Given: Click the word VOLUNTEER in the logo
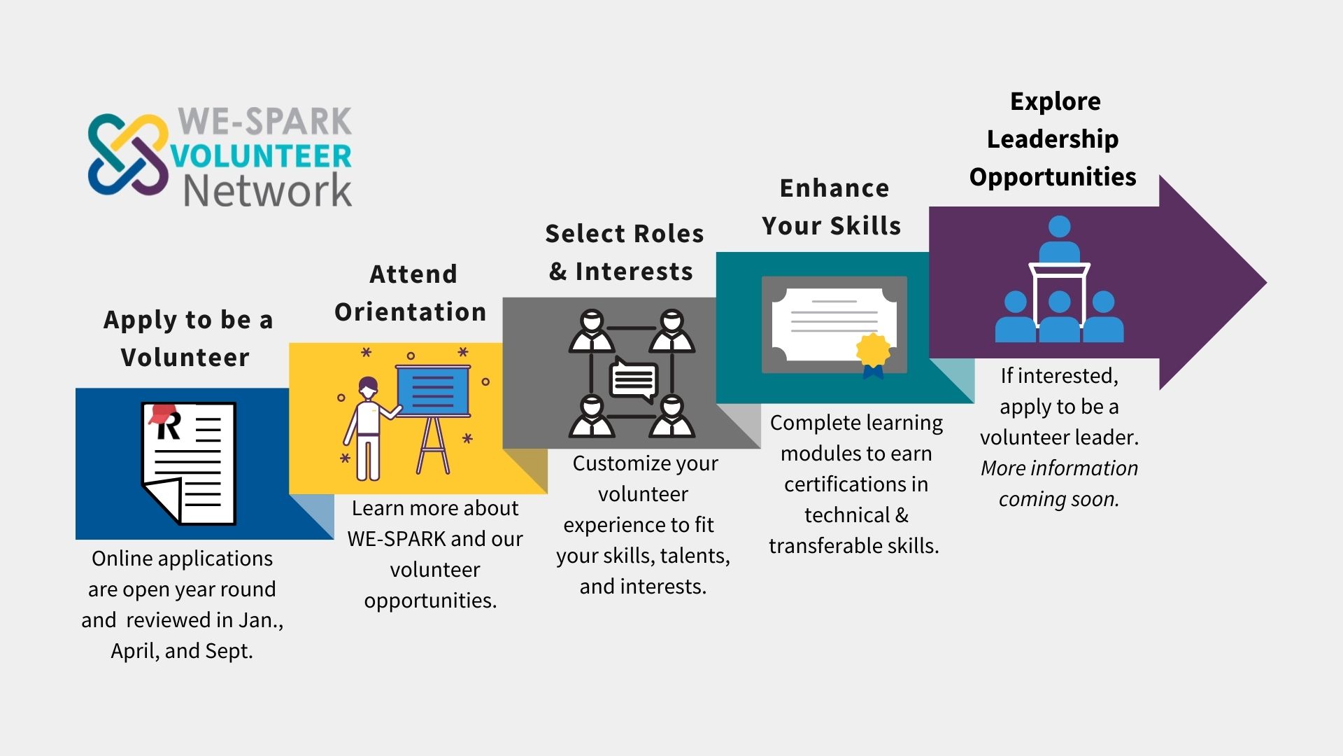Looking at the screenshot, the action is click(261, 156).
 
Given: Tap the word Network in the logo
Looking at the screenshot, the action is click(267, 191).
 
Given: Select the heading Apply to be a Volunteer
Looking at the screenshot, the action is click(187, 338).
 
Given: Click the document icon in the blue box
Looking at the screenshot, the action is click(189, 463).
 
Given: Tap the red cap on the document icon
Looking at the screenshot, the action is click(161, 413).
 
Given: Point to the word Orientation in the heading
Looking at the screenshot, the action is click(411, 312).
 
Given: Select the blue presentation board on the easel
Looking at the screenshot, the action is click(433, 391).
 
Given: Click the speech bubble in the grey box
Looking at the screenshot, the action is click(634, 380).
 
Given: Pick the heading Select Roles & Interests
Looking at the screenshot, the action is click(624, 252).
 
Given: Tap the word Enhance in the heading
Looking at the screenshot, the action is click(834, 188).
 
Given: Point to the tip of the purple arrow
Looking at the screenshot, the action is click(1267, 283).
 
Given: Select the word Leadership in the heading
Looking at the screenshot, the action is click(1053, 139).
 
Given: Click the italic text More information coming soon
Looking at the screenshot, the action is click(1059, 484).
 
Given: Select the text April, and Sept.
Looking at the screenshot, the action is click(182, 651).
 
